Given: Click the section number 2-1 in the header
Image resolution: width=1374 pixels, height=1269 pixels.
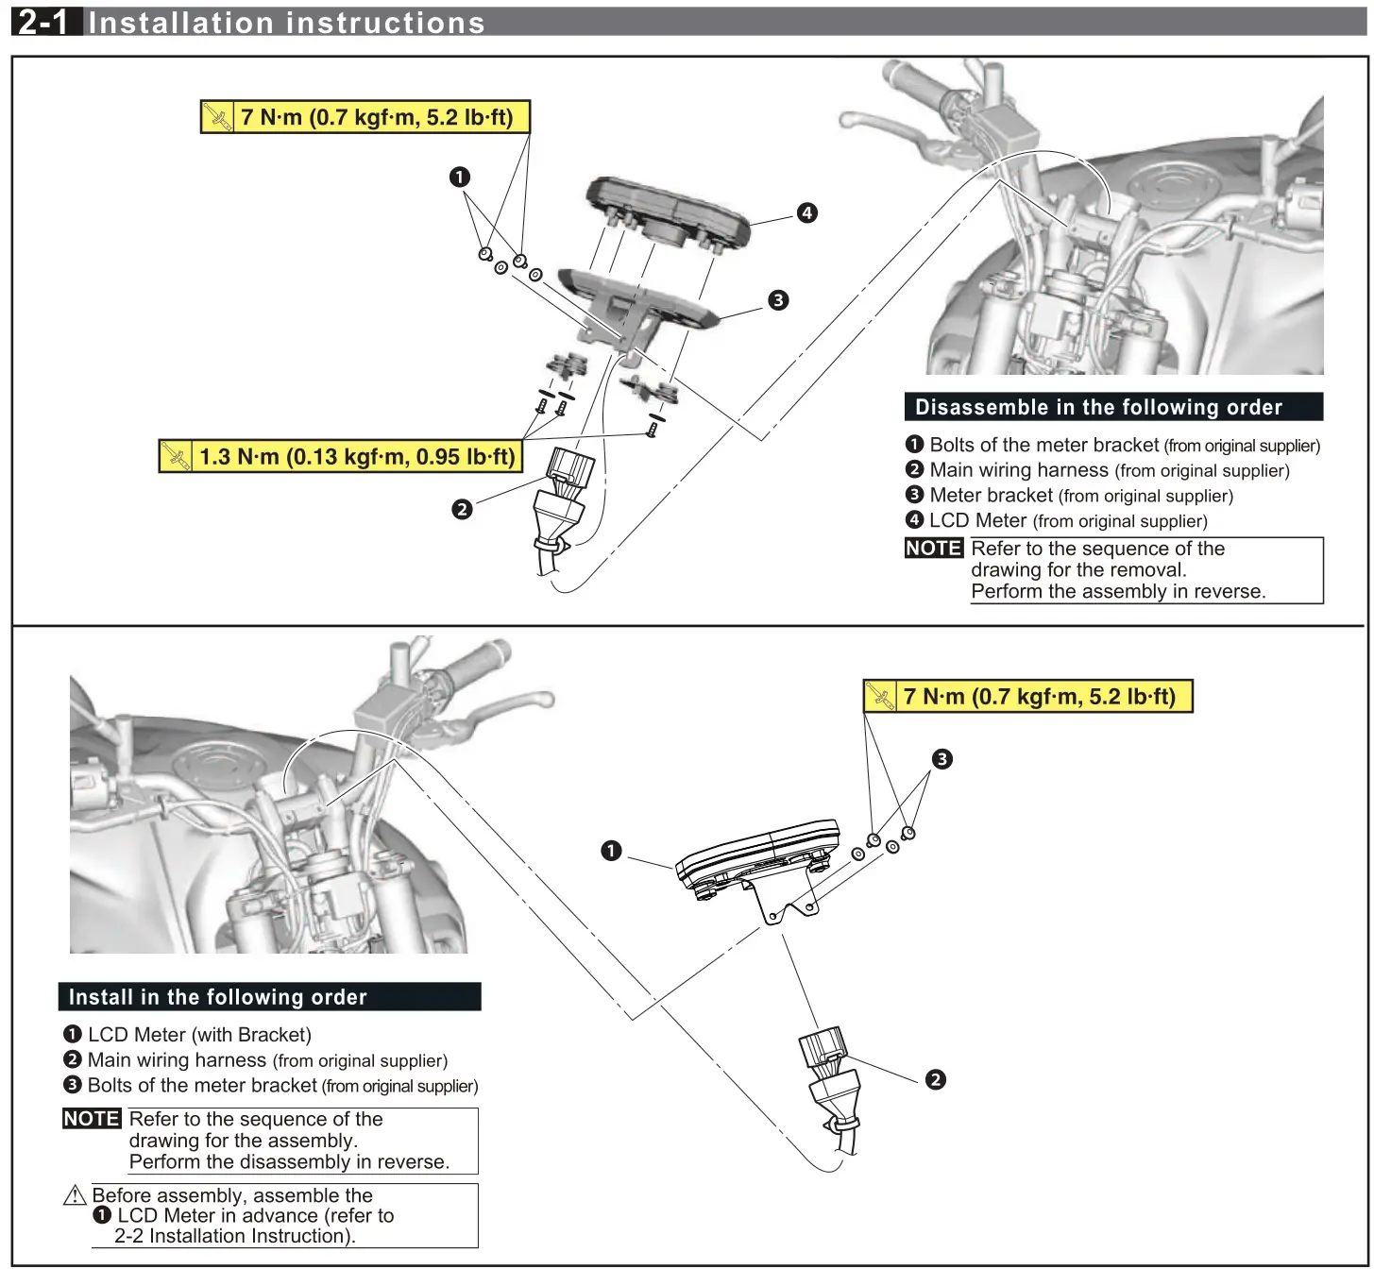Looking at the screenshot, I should pos(43,21).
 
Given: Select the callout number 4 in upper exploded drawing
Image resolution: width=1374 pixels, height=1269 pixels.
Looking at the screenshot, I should pos(806,212).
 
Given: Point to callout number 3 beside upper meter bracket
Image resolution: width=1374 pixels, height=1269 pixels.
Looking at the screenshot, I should pos(777,300).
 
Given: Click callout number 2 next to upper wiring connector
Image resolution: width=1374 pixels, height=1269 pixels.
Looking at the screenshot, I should pos(461,509).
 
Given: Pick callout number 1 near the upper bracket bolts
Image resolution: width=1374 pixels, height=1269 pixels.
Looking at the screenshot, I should pos(459,177).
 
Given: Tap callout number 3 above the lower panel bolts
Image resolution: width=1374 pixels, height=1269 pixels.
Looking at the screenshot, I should pos(941,759).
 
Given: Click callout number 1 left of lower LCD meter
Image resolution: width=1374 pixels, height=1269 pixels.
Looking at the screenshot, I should pos(611,851).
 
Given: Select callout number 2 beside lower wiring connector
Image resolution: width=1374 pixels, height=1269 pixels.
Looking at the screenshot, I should pos(935,1079).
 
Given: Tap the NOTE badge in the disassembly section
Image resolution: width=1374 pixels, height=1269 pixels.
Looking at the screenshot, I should pos(933,549).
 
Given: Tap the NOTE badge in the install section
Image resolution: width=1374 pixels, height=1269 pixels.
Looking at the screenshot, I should pos(92,1119).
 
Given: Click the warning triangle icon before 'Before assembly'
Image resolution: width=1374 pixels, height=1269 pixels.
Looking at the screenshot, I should pos(75,1195).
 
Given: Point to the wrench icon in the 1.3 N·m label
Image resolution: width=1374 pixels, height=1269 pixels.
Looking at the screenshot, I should pos(176,457).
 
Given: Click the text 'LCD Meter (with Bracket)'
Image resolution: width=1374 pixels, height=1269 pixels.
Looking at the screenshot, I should pos(199,1035).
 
